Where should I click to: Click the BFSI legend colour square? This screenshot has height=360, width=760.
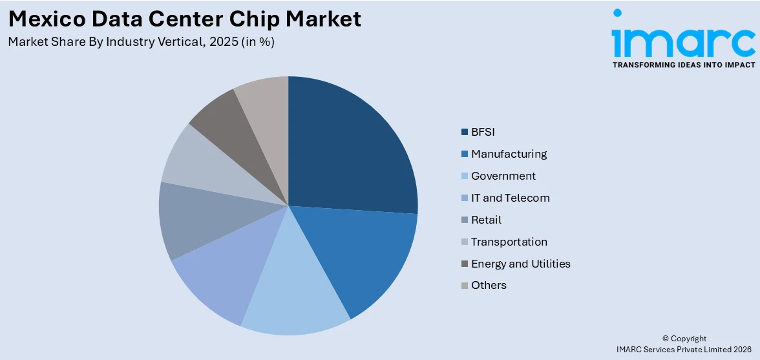pos(464,132)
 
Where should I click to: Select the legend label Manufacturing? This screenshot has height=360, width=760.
pos(509,154)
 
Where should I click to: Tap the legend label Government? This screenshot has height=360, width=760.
pos(503,176)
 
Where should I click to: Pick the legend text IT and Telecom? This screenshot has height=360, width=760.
pos(510,198)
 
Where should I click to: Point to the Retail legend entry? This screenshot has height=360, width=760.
pos(486,220)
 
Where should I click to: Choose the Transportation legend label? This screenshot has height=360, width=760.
pos(509,242)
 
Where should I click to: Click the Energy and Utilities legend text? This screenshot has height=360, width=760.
pos(520,264)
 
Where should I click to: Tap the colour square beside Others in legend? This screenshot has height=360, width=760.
pos(464,286)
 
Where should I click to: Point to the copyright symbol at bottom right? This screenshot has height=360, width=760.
pos(666,339)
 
